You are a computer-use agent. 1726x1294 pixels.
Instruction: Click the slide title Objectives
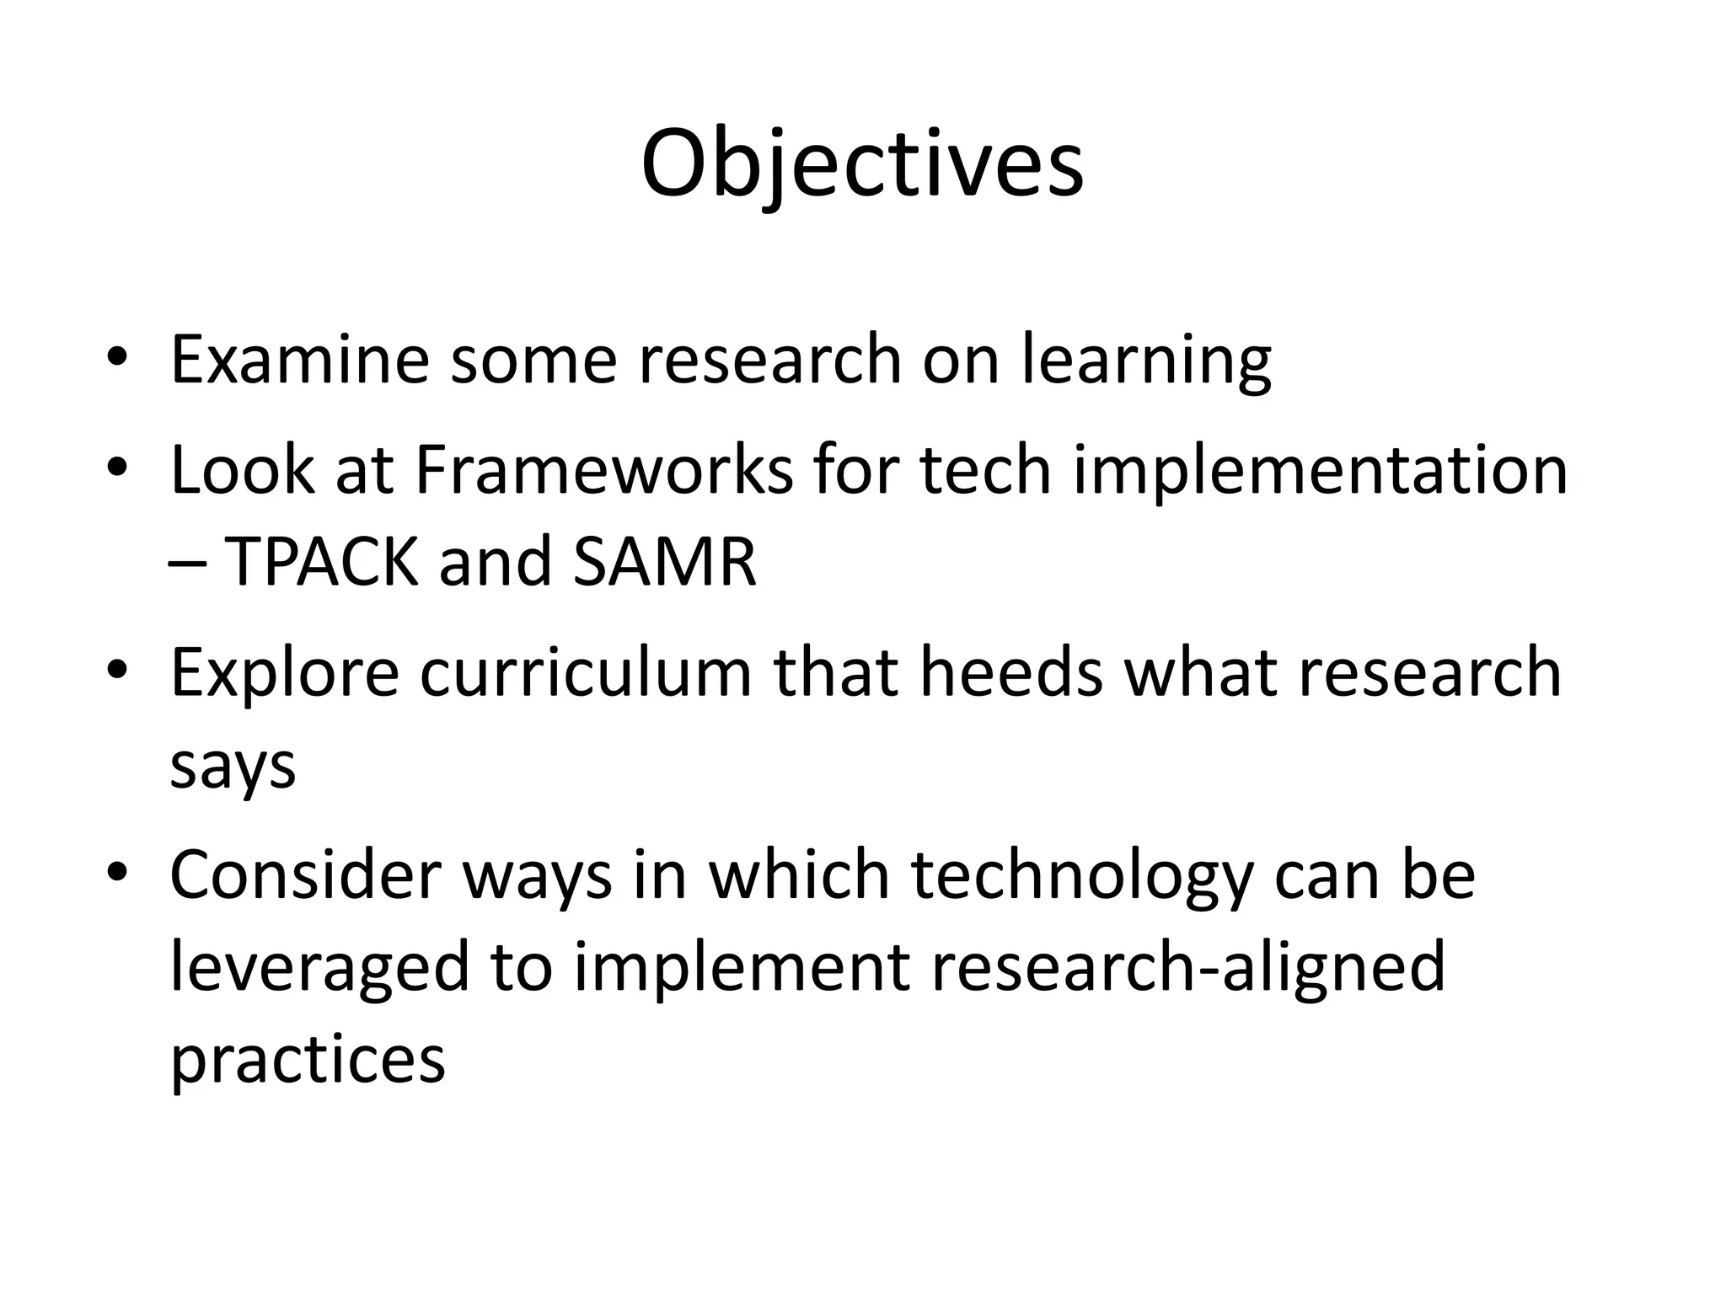click(x=861, y=165)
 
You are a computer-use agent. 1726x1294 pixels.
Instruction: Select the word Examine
click(x=299, y=360)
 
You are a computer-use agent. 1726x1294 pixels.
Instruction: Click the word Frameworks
click(x=603, y=469)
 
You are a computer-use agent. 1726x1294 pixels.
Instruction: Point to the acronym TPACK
click(x=321, y=562)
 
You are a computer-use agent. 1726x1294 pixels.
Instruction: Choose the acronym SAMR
click(x=664, y=562)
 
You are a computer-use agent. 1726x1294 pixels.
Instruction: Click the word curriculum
click(x=585, y=672)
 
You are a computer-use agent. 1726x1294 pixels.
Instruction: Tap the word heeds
click(x=1010, y=672)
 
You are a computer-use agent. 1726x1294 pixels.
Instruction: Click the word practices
click(x=308, y=1060)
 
